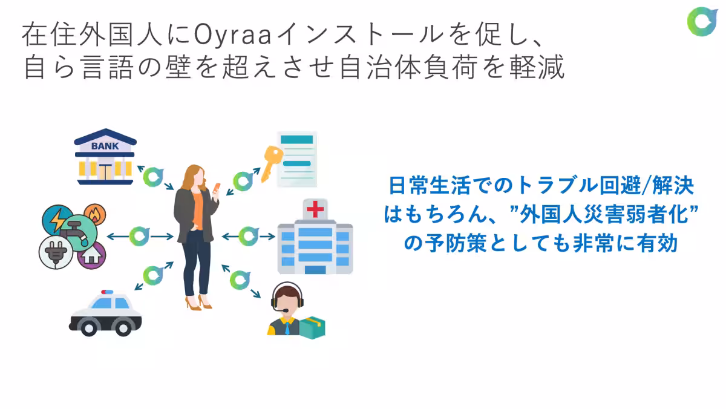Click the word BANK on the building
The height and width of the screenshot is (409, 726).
point(105,146)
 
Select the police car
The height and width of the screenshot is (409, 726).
point(106,313)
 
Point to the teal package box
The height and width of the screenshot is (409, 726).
point(312,327)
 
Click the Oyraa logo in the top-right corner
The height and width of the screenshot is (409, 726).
point(702,21)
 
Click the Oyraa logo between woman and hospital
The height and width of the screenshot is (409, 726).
point(248,236)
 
